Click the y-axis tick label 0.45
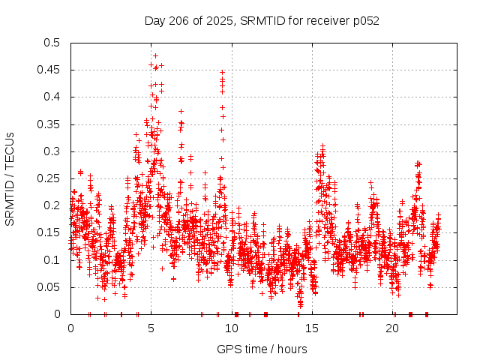52,70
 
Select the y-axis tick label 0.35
52,124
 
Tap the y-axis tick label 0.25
52,178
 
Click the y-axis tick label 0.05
52,287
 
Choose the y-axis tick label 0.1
55,260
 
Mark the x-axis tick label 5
151,328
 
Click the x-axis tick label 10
232,328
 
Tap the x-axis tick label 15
312,328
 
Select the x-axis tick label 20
393,328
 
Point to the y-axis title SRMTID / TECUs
10,178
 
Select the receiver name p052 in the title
365,20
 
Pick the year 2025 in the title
217,20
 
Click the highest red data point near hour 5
155,55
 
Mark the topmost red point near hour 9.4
222,73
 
